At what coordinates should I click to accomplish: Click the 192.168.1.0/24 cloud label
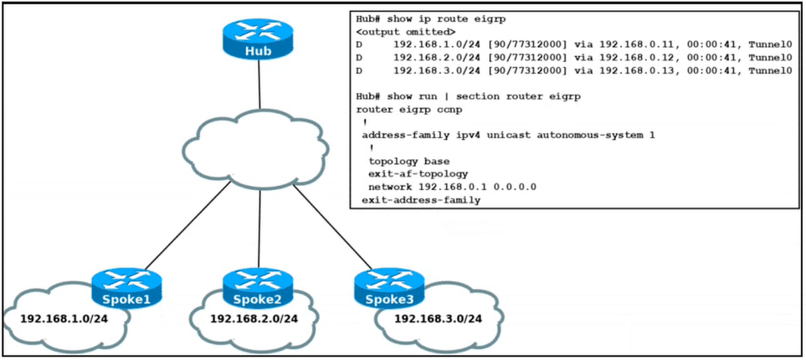(x=64, y=319)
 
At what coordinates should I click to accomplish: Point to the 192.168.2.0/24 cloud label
(x=254, y=319)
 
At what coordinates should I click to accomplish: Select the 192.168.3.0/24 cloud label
(x=438, y=319)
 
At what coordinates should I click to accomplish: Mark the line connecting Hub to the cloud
(x=259, y=85)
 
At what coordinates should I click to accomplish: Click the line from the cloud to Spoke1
(x=187, y=225)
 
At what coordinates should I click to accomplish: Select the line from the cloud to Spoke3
(x=332, y=227)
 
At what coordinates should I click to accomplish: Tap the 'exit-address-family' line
(x=421, y=200)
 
